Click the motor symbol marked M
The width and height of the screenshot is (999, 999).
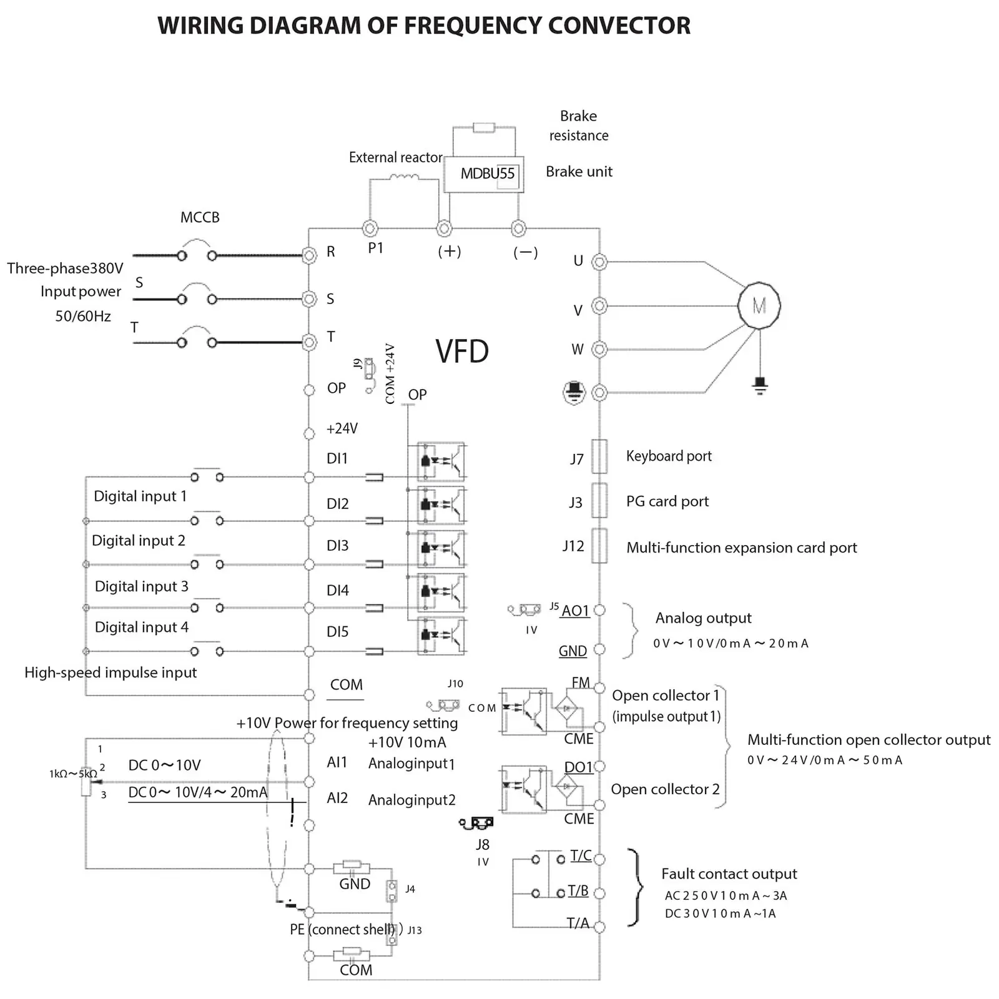(x=759, y=305)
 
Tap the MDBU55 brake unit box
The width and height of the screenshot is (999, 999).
(x=484, y=174)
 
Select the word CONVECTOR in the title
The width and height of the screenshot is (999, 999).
(x=619, y=26)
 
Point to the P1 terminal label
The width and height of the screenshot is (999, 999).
(x=375, y=248)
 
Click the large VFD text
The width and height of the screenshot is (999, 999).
(x=462, y=352)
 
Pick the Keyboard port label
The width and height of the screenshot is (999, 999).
(x=669, y=456)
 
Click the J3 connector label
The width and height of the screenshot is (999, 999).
(x=576, y=503)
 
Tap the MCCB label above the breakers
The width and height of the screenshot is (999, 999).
(x=200, y=217)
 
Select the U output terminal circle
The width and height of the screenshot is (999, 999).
(x=599, y=262)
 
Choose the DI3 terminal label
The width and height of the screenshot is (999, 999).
(x=337, y=546)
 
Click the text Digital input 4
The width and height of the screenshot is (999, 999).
(x=141, y=627)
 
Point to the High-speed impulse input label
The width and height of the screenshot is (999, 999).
(x=111, y=672)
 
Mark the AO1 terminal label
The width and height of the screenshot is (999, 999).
(x=576, y=611)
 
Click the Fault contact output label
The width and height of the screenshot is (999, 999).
(x=729, y=874)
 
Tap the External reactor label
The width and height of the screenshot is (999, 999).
(x=395, y=157)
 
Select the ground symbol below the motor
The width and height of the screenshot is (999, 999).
(x=760, y=385)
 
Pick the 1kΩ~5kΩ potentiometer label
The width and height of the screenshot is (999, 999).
(x=73, y=774)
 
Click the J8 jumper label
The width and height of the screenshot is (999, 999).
(x=483, y=845)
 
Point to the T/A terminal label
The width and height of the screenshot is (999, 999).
(x=578, y=923)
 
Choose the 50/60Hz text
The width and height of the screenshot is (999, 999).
(x=83, y=316)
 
